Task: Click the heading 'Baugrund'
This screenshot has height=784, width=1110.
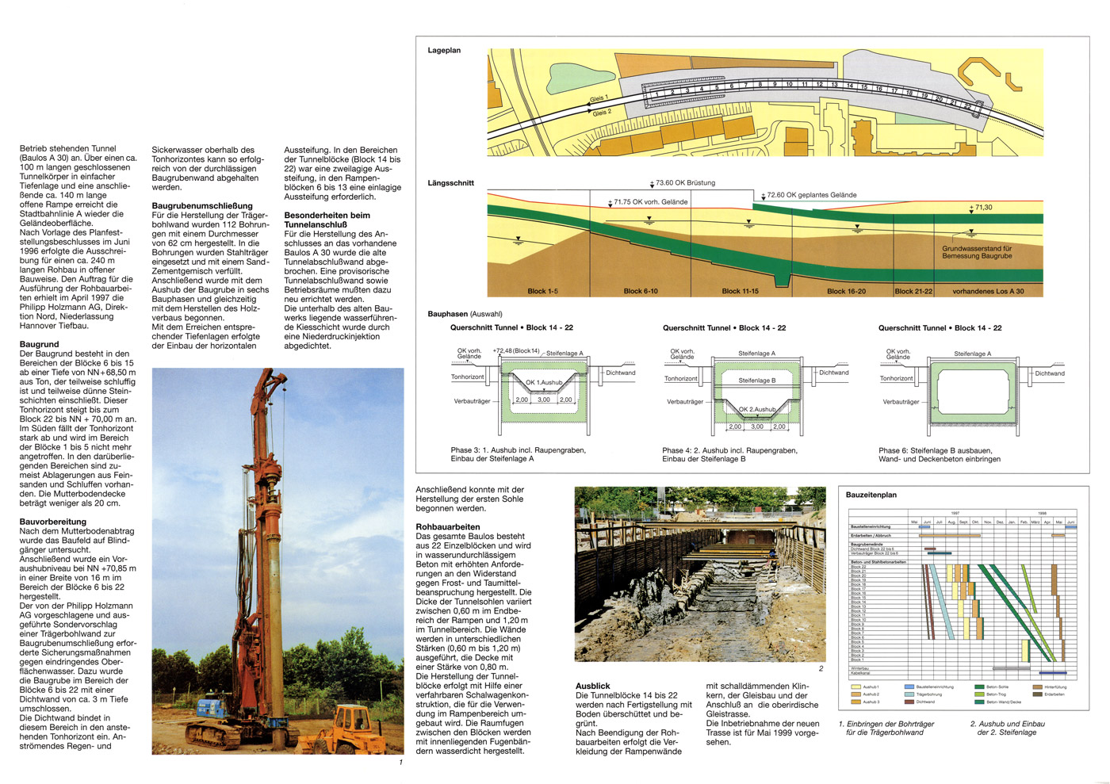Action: click(x=40, y=344)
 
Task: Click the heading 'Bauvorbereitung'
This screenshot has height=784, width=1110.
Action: click(x=53, y=522)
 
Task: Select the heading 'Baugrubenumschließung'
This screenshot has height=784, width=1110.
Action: click(x=202, y=206)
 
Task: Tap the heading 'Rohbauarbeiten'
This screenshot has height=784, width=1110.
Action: click(x=448, y=526)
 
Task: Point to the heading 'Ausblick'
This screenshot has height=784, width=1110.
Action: click(x=593, y=686)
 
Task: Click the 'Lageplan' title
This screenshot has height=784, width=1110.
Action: click(x=444, y=51)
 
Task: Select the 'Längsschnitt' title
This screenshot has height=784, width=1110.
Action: click(x=450, y=183)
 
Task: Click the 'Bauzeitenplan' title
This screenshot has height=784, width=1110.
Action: click(x=871, y=495)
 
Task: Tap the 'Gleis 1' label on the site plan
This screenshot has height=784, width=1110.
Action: click(x=599, y=99)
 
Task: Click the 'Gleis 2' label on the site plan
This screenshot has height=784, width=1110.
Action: click(x=602, y=113)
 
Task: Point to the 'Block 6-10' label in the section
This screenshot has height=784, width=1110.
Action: click(x=641, y=291)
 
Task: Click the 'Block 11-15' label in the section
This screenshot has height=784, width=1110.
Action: click(x=740, y=291)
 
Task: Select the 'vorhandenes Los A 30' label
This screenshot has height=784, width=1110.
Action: click(x=988, y=291)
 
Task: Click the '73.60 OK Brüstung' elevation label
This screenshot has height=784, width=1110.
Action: click(x=685, y=183)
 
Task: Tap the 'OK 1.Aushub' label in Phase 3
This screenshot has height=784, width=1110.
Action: click(x=544, y=382)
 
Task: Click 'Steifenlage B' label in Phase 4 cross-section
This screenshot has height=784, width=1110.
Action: click(x=756, y=381)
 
